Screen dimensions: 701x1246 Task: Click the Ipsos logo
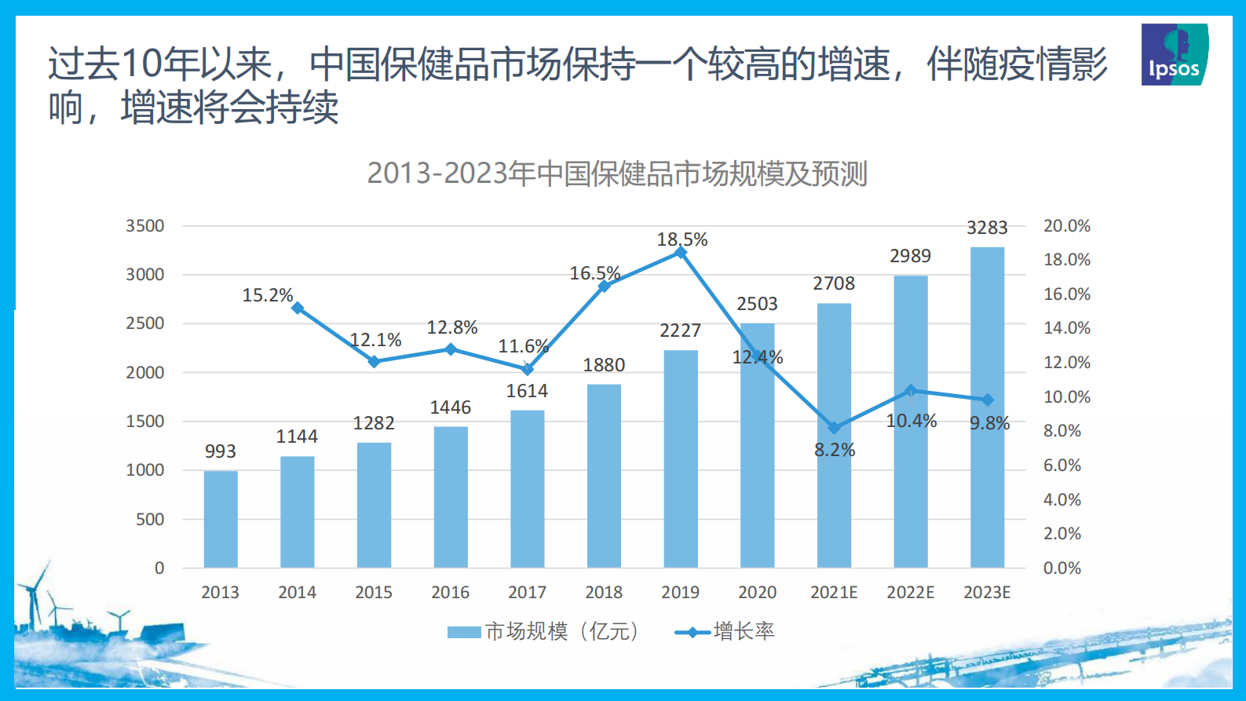(x=1175, y=54)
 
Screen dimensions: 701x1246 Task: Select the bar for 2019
(x=681, y=458)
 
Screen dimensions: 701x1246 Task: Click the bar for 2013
(x=221, y=519)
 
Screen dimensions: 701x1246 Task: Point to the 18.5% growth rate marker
(x=681, y=253)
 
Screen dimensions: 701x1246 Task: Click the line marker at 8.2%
(x=834, y=428)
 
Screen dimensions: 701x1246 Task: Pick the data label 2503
(x=757, y=304)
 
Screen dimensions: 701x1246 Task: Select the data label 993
(x=221, y=451)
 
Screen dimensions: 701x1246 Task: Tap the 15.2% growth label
(x=267, y=295)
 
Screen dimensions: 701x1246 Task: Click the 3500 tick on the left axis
(x=145, y=226)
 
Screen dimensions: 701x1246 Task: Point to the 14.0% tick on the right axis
(x=1066, y=328)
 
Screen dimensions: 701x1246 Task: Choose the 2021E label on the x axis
(x=834, y=593)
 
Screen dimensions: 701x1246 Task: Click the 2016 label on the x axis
(x=450, y=593)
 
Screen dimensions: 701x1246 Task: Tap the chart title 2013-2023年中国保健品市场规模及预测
(x=617, y=173)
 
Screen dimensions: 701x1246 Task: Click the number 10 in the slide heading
(x=142, y=64)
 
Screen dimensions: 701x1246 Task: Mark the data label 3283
(x=987, y=228)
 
